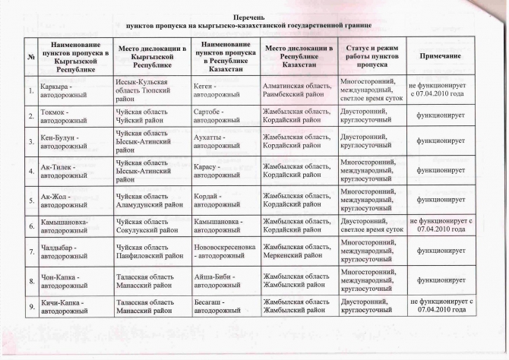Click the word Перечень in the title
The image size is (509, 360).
click(254, 15)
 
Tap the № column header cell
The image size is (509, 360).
click(30, 56)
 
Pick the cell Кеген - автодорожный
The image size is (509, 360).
click(225, 92)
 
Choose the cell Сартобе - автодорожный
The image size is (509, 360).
click(225, 117)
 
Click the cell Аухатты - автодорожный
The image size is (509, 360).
click(225, 142)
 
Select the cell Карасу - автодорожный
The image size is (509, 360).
click(225, 169)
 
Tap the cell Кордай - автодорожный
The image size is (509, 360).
click(225, 201)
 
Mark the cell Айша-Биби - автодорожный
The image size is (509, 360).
click(225, 281)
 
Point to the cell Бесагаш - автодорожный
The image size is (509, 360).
click(225, 307)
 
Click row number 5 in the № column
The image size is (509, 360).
click(30, 201)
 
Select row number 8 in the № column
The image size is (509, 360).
click(30, 281)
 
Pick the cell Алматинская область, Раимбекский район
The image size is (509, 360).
click(297, 92)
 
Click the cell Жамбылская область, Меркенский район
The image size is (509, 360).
click(297, 253)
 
